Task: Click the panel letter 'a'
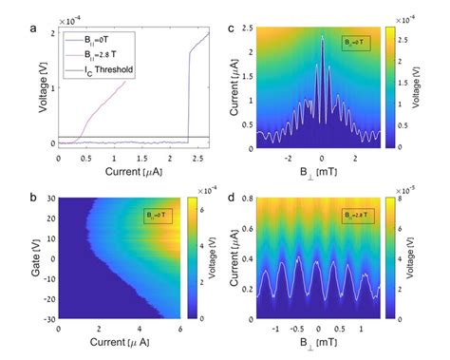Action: tap(9, 28)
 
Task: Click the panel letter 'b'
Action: tap(9, 198)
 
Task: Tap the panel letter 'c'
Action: tap(234, 28)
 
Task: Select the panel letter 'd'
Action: tap(234, 198)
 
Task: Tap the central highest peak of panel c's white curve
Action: tap(322, 37)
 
